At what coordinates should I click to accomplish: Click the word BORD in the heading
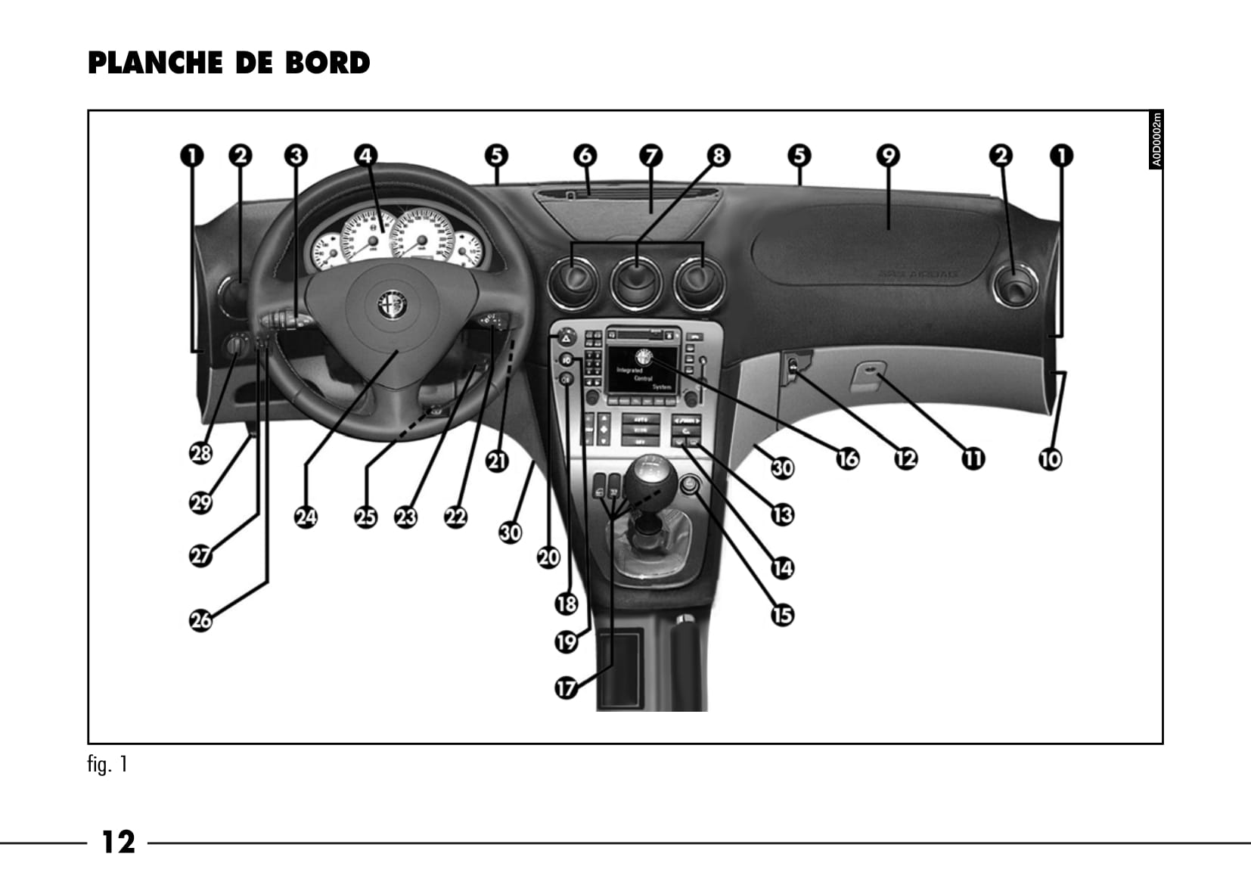click(x=327, y=63)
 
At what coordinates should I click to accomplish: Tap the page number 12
click(x=118, y=841)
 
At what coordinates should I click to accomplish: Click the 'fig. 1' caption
click(x=107, y=765)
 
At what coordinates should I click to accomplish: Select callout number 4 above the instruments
click(x=366, y=156)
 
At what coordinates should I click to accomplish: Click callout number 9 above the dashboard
click(x=888, y=156)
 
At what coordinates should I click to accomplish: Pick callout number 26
click(x=200, y=620)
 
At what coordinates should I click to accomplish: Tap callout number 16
click(x=847, y=458)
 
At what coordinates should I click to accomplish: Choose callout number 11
click(x=973, y=458)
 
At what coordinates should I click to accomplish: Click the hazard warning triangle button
click(x=566, y=339)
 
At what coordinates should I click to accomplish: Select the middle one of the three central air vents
click(x=636, y=283)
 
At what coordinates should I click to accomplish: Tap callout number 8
click(x=719, y=156)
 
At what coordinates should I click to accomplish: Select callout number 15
click(x=782, y=614)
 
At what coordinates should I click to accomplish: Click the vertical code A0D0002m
click(x=1155, y=140)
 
